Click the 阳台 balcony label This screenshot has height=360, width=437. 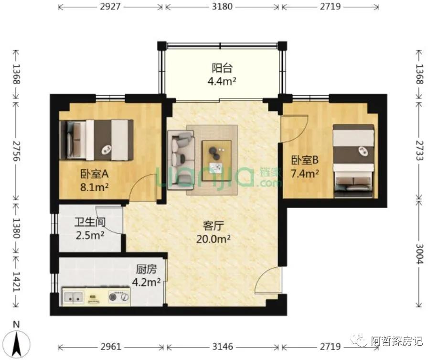pyautogui.click(x=222, y=68)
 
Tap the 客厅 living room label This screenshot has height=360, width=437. pyautogui.click(x=213, y=226)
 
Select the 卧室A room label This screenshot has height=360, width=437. pyautogui.click(x=94, y=174)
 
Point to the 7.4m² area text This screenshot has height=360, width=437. pyautogui.click(x=305, y=174)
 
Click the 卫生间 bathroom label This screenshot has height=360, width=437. pyautogui.click(x=90, y=222)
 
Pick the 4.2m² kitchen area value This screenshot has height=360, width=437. pyautogui.click(x=146, y=282)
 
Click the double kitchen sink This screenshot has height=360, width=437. pyautogui.click(x=73, y=297)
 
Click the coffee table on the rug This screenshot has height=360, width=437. pyautogui.click(x=217, y=161)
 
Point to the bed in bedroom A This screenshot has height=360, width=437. pyautogui.click(x=96, y=140)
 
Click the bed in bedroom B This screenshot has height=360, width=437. pyautogui.click(x=354, y=161)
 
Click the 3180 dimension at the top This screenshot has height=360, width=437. pyautogui.click(x=222, y=6)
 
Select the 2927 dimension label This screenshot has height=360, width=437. pyautogui.click(x=110, y=6)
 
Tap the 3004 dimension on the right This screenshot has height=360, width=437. pyautogui.click(x=419, y=254)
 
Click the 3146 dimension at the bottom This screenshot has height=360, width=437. pyautogui.click(x=223, y=347)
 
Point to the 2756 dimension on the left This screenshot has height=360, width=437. pyautogui.click(x=16, y=151)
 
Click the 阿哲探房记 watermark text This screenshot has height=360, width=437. pyautogui.click(x=396, y=341)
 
